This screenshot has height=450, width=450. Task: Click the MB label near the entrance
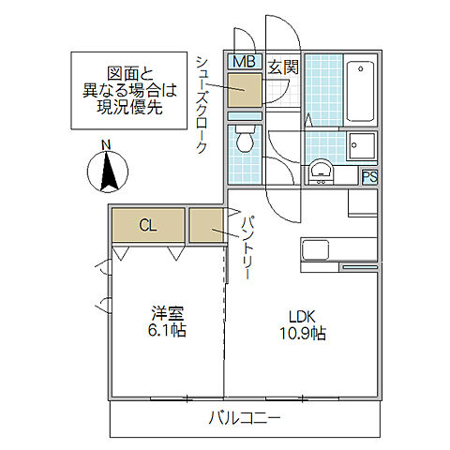[244, 62]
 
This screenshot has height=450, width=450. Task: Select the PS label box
[369, 175]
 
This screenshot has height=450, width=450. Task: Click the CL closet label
[147, 225]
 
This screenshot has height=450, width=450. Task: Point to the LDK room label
[301, 316]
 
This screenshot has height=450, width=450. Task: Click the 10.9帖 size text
[301, 333]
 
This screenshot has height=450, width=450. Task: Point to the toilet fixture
[244, 142]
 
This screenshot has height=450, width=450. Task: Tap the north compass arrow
[107, 171]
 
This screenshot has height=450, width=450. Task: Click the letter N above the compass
[107, 144]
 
